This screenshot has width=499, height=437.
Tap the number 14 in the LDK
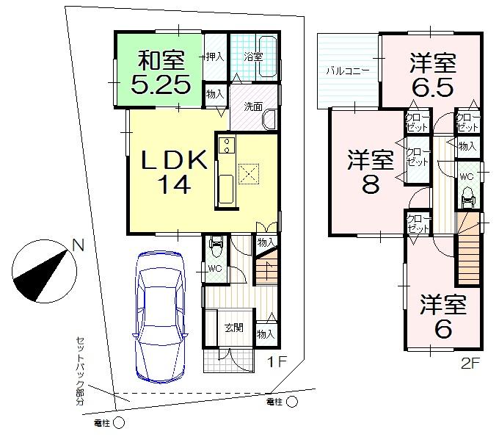click(x=173, y=184)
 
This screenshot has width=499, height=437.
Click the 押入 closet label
click(x=214, y=56)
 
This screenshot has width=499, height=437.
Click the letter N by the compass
click(x=79, y=247)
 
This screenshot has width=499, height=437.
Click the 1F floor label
click(x=274, y=361)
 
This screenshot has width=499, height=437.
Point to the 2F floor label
click(x=471, y=361)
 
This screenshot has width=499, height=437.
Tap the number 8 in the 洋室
click(x=370, y=184)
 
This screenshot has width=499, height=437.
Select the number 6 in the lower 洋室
click(x=443, y=329)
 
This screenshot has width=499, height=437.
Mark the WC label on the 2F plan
click(x=466, y=177)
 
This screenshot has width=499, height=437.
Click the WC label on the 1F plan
click(x=214, y=269)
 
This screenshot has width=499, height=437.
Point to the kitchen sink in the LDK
click(x=226, y=185)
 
